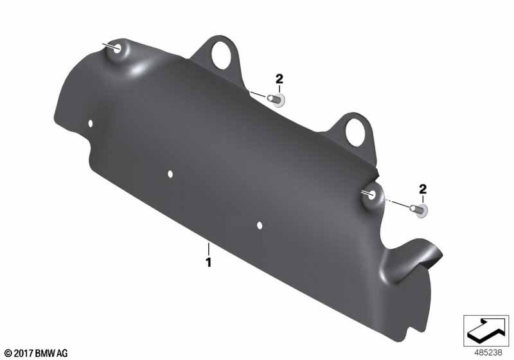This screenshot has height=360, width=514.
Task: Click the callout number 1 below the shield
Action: tap(208, 262)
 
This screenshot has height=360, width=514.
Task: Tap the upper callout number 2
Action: tap(279, 78)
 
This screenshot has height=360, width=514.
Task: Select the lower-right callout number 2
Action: tap(423, 189)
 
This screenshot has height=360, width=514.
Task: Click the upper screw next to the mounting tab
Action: tap(276, 100)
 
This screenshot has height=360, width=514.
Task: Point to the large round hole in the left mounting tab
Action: tap(222, 56)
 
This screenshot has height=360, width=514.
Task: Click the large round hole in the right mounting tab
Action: tap(356, 132)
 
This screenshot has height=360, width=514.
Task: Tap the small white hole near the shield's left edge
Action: tap(91, 123)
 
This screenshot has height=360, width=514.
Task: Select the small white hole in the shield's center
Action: tap(170, 174)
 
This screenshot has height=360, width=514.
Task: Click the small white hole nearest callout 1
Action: tap(260, 226)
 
